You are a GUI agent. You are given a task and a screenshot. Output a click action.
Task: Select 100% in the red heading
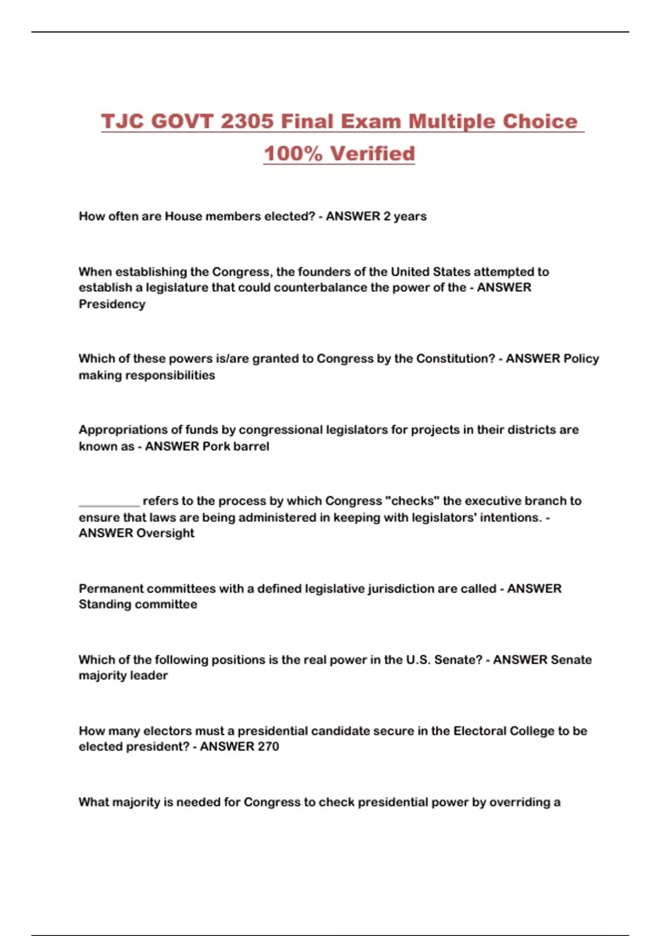[293, 153]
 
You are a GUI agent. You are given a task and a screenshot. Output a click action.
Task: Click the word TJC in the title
[123, 121]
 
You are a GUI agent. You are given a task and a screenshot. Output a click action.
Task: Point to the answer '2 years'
[405, 216]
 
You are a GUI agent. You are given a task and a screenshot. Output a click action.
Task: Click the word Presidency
[112, 304]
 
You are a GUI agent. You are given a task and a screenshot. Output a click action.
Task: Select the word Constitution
[456, 358]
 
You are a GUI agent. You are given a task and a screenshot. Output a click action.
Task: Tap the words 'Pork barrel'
[236, 446]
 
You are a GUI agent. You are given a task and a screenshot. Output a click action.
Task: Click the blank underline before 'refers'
[109, 502]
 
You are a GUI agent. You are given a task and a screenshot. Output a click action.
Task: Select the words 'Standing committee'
[138, 604]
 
